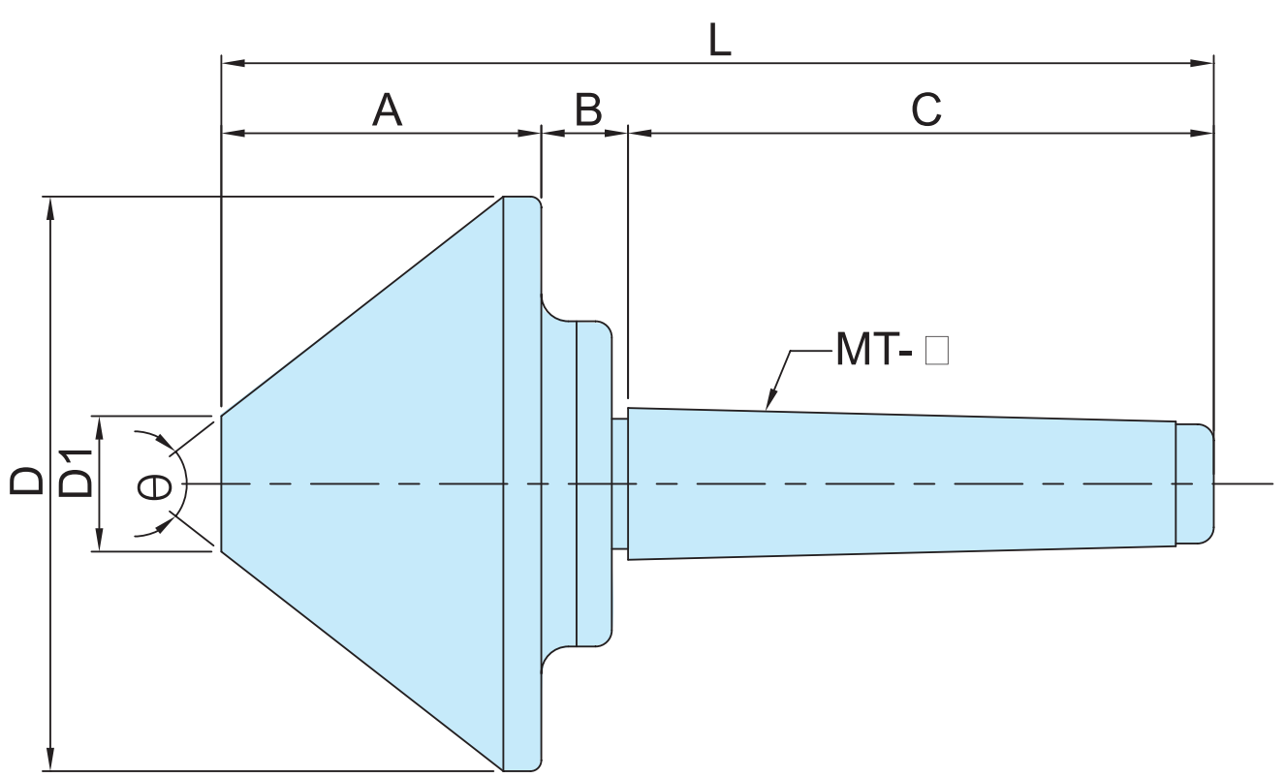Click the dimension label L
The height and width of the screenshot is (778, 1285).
[718, 40]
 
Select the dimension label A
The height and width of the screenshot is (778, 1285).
[387, 110]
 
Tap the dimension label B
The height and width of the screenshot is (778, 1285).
[587, 110]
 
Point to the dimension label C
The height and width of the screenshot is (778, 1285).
[926, 110]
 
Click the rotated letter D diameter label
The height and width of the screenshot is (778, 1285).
[27, 481]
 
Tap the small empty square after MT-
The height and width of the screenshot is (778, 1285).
[936, 350]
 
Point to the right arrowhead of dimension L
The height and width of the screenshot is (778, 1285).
[1207, 63]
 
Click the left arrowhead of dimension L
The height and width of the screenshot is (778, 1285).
[230, 63]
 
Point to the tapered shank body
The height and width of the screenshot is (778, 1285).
[901, 483]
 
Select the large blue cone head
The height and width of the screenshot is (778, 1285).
[388, 483]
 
